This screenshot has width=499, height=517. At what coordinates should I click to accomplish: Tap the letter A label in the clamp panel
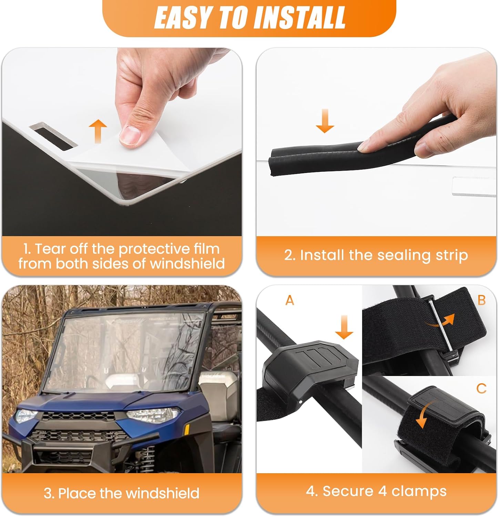pos(290,301)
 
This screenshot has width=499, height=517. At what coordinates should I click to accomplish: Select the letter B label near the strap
pos(481,300)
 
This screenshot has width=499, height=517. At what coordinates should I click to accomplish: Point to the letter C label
pos(481,388)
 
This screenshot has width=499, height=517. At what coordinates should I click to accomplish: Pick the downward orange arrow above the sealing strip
pos(325,121)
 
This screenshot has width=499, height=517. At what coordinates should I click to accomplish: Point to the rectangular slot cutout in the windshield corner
pos(52,137)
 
